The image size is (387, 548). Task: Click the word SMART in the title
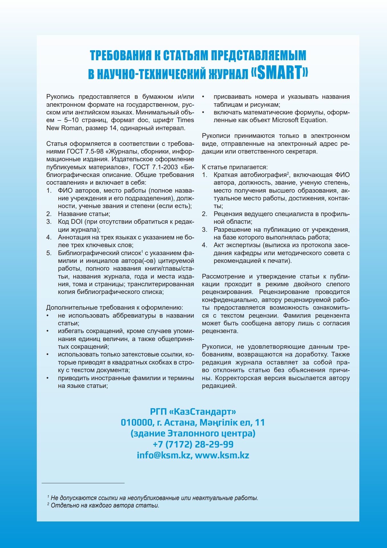pyautogui.click(x=279, y=72)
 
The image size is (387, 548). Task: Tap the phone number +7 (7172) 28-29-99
pyautogui.click(x=193, y=444)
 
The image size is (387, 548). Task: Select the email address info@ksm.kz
pyautogui.click(x=163, y=455)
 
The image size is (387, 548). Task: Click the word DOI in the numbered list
pyautogui.click(x=76, y=222)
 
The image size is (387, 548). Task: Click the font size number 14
pyautogui.click(x=113, y=128)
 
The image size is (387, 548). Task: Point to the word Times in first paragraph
pyautogui.click(x=185, y=120)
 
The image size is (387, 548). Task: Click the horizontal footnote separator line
pyautogui.click(x=83, y=483)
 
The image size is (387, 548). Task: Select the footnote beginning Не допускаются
pyautogui.click(x=154, y=498)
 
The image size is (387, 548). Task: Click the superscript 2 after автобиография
pyautogui.click(x=288, y=173)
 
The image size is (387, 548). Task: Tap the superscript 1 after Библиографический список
pyautogui.click(x=142, y=251)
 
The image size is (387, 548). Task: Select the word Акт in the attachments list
pyautogui.click(x=218, y=245)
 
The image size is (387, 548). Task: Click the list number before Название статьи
pyautogui.click(x=49, y=214)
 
